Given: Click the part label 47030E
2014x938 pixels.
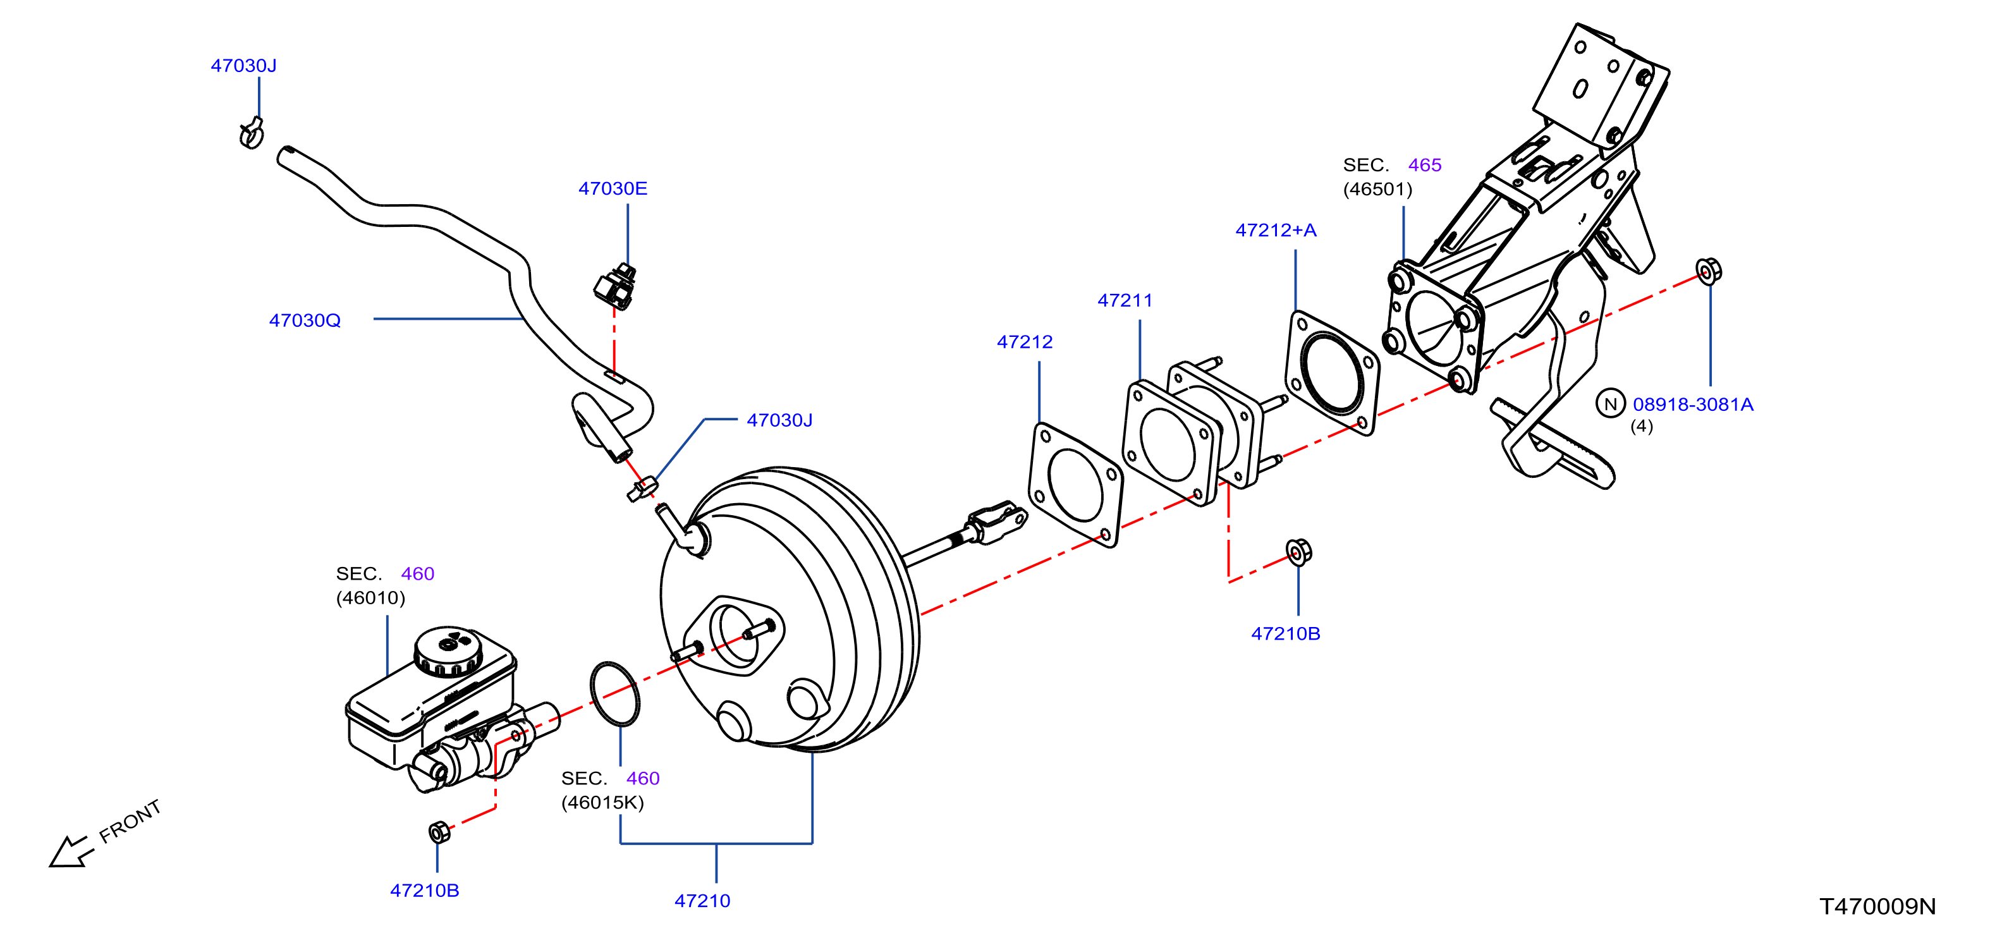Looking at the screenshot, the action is pos(613,188).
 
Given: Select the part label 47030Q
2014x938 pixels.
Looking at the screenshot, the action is pos(305,320).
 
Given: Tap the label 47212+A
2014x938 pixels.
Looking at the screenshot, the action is pos(1276,230).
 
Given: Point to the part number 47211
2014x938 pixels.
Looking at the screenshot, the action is pos(1125,300).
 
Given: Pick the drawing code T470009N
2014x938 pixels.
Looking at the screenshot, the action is pos(1878,907).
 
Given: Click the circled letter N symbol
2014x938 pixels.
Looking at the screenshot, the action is pos(1611,404).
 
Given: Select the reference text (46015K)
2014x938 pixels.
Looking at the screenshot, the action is pos(602,803).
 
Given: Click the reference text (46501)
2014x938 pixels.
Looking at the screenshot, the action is pos(1377,189).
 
